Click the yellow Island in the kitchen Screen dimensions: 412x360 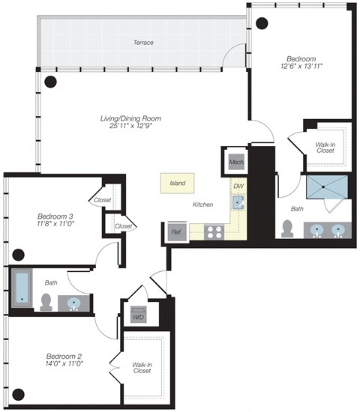coord(177,182)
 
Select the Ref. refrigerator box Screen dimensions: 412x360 coord(176,231)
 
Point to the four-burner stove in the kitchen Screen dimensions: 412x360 coord(214,231)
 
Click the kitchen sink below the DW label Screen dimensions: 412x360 coord(238,202)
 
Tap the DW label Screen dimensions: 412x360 coord(238,186)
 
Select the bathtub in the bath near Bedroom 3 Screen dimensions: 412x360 coord(22,288)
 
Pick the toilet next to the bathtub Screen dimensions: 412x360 coord(46,301)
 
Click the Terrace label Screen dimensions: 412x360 coord(143,43)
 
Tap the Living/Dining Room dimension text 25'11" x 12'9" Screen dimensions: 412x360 coord(130,128)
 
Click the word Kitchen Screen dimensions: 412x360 coord(203,204)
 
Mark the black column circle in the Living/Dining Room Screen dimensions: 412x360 coord(51,81)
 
